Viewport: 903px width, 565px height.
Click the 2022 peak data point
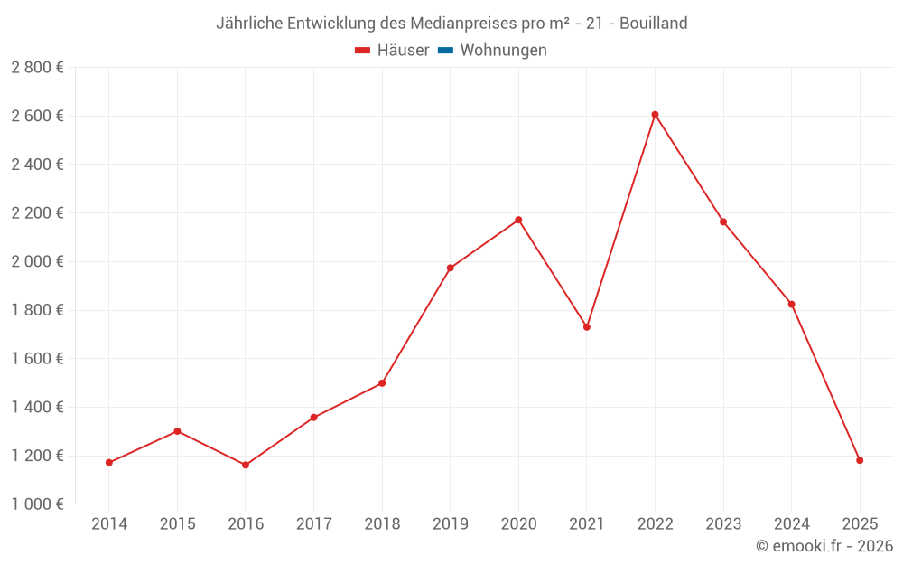pos(655,115)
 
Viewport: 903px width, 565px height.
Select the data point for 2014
pos(109,463)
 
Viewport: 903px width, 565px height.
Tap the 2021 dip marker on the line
pos(587,327)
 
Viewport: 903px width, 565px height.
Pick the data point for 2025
pos(860,460)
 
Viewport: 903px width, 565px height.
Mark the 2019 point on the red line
pos(451,268)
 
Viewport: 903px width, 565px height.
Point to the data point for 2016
pos(246,465)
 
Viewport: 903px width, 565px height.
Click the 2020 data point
pos(518,220)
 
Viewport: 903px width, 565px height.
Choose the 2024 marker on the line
pos(791,304)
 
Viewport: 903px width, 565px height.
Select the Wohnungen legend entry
pos(503,51)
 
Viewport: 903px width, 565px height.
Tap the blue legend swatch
pos(445,51)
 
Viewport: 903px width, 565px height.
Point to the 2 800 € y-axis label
pos(37,67)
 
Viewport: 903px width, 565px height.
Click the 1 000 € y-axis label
pos(37,504)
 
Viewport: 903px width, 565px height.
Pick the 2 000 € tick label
pos(37,261)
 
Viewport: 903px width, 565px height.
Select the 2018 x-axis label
pos(382,524)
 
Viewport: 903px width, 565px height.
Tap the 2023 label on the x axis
pos(723,524)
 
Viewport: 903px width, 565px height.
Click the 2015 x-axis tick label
pos(177,524)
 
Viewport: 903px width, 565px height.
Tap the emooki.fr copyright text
pos(824,546)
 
